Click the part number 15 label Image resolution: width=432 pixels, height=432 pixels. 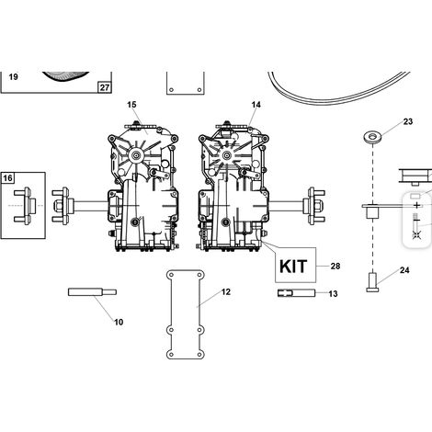pos(131,105)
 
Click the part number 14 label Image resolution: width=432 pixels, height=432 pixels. pos(256,105)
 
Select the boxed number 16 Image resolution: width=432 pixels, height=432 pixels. pos(8,178)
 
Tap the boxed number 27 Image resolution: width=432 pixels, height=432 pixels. pos(105,87)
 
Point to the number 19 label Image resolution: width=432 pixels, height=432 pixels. pos(14,76)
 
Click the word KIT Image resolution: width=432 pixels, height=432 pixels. pos(293,267)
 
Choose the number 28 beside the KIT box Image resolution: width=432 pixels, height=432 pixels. pos(335,266)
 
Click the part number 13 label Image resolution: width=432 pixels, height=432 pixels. pos(333,294)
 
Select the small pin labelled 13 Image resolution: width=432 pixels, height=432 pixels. pos(296,293)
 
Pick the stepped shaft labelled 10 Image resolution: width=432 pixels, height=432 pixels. pos(92,292)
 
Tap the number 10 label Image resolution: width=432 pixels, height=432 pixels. pos(119,322)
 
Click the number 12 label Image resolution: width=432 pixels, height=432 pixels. pos(226,292)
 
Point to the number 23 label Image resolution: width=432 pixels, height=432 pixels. pos(408,121)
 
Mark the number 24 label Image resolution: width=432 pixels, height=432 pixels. pos(404,270)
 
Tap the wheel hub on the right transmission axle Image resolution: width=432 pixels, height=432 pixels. pos(314,206)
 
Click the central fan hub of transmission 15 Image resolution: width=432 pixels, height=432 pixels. pos(136,156)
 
